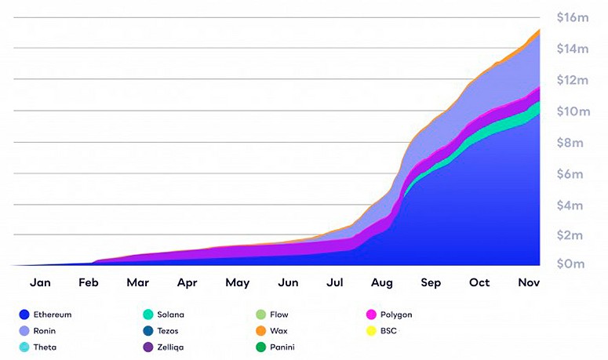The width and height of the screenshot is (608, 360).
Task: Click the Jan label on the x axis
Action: tap(40, 282)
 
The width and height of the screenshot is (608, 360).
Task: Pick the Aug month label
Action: tap(381, 282)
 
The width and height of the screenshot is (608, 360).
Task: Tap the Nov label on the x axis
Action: tap(528, 282)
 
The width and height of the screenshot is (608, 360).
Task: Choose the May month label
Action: tap(237, 282)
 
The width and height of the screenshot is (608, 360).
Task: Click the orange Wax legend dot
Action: tap(261, 331)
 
